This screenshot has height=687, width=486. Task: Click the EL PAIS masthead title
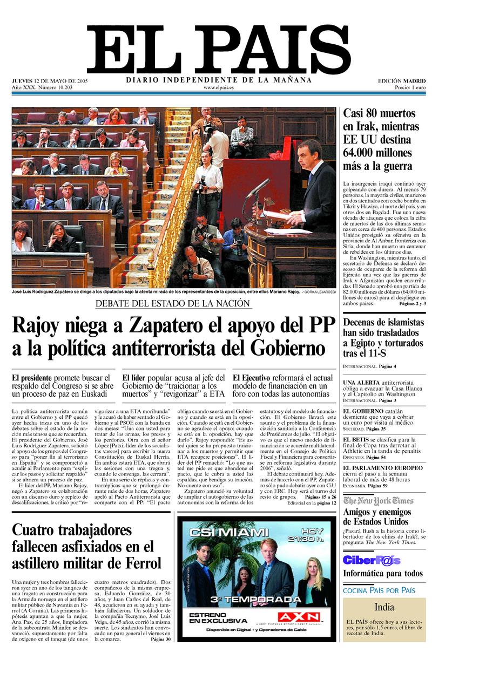click(x=219, y=50)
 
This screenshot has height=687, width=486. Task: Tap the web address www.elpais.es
click(x=219, y=87)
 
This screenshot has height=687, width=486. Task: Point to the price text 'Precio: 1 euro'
click(x=410, y=87)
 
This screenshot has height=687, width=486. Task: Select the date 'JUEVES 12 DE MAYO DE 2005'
click(x=50, y=81)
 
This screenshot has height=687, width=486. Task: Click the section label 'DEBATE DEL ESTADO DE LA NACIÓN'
click(x=173, y=303)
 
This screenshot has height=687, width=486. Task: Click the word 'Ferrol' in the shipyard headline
click(x=138, y=563)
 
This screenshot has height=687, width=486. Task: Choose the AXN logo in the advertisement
click(x=295, y=616)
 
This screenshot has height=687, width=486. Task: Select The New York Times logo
click(x=379, y=500)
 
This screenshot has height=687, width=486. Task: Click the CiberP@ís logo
click(x=372, y=560)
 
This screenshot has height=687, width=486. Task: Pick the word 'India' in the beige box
click(x=384, y=607)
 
